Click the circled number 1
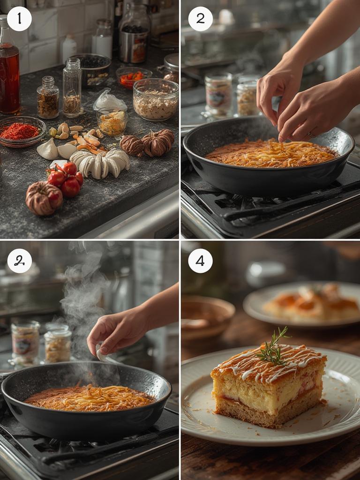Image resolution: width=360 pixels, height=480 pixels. [x=19, y=19]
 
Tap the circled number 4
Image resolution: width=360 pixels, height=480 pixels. [x=200, y=261]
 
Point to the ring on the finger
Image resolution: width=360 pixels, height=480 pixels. [x=311, y=134]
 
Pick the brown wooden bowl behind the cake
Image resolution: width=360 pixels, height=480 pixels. [x=207, y=317]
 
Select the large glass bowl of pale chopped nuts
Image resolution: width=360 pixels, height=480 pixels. [x=156, y=99]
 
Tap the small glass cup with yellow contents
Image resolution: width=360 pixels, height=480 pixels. [x=112, y=122]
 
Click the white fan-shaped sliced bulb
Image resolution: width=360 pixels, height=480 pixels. [x=100, y=164]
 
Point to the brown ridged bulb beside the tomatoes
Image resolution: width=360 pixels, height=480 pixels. [x=44, y=198]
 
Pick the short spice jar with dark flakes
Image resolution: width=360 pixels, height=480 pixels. [x=48, y=97]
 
